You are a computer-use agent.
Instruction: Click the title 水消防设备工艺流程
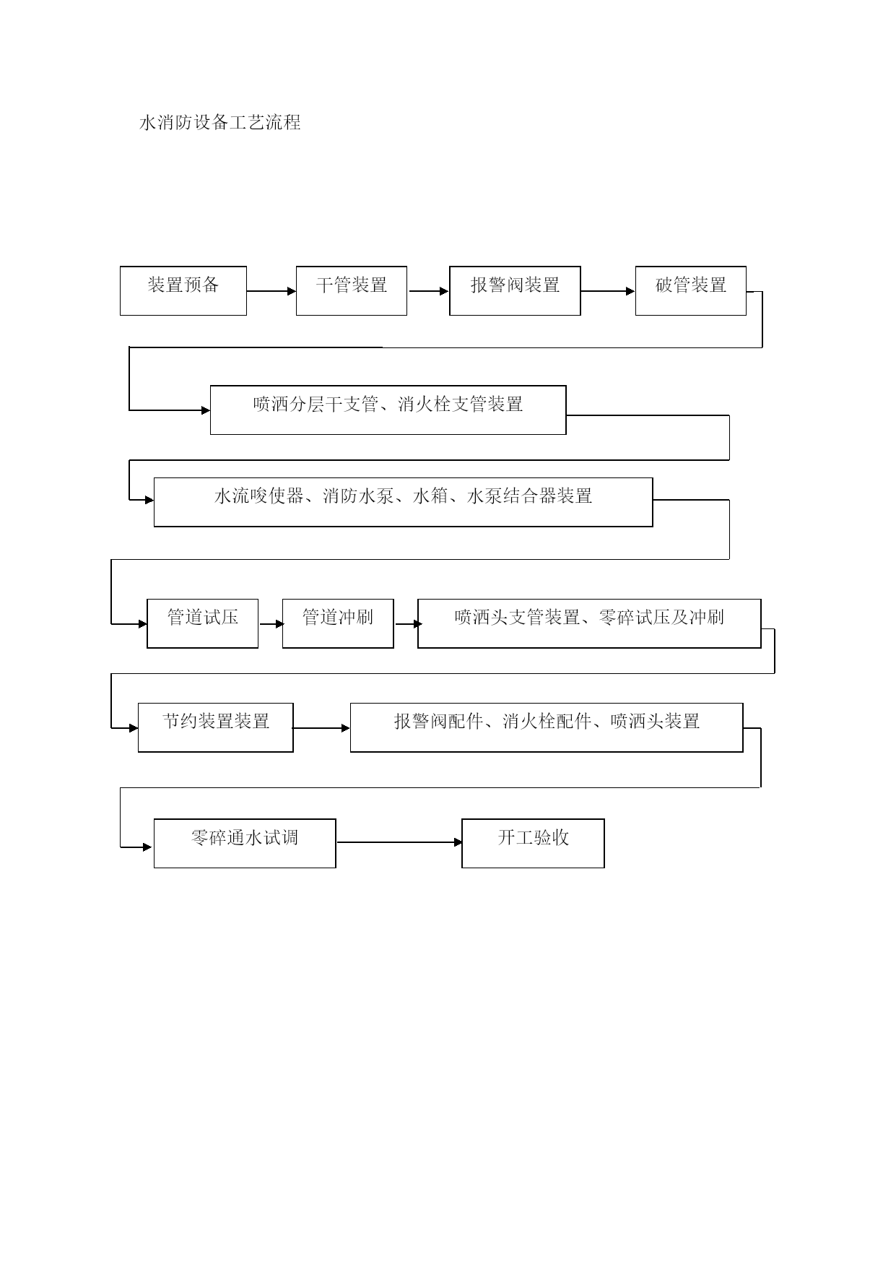[219, 123]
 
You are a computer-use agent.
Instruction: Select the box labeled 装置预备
[183, 290]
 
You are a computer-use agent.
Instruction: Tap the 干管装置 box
[352, 290]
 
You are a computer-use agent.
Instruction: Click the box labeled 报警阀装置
[515, 290]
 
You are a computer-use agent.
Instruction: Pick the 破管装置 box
[691, 290]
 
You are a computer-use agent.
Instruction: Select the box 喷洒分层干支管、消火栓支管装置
[388, 410]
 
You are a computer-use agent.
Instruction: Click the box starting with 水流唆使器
[404, 502]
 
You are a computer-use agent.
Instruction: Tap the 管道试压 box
[203, 623]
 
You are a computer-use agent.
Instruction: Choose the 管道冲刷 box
[338, 623]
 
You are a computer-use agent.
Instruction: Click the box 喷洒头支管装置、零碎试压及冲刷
[589, 623]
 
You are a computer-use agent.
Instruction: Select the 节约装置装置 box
[216, 727]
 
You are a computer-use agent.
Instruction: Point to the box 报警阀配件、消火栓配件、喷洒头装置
[547, 727]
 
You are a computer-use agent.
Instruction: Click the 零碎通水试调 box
[245, 843]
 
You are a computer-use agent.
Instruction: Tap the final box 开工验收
[533, 843]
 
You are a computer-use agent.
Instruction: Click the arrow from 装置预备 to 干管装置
[271, 291]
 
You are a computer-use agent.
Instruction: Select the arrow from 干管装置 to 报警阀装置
[429, 291]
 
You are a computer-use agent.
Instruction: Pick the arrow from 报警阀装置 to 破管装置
[608, 291]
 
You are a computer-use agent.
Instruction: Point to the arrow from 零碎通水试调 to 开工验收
[399, 842]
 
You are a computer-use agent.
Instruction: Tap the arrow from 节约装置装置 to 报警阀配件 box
[321, 728]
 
